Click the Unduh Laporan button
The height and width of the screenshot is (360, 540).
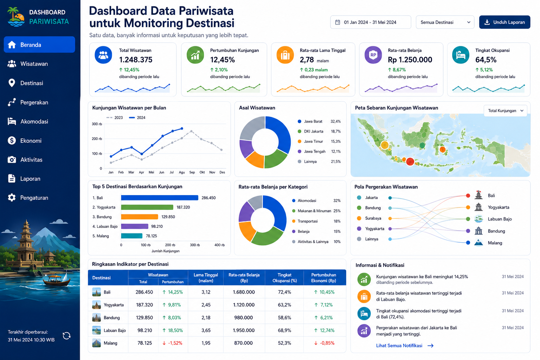tap(504, 22)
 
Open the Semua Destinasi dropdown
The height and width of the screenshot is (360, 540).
tap(445, 22)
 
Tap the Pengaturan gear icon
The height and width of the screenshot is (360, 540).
tap(12, 198)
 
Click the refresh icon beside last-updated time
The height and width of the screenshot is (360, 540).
tap(66, 336)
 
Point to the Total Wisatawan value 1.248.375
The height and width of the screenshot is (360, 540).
tap(136, 59)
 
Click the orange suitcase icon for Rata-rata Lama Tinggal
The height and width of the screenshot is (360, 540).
tap(285, 55)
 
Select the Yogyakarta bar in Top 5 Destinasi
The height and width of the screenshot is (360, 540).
tap(147, 207)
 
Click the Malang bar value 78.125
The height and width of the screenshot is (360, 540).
tap(152, 236)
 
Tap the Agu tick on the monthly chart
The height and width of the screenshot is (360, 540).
tap(182, 172)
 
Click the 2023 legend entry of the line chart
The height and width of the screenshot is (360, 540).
tap(115, 118)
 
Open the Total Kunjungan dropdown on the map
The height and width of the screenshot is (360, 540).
tap(506, 111)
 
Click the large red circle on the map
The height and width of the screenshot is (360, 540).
tap(410, 161)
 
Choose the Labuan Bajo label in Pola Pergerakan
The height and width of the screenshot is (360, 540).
tap(500, 219)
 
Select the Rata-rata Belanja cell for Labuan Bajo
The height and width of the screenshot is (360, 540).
tap(244, 330)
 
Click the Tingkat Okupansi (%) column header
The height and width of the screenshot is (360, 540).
tap(284, 278)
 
